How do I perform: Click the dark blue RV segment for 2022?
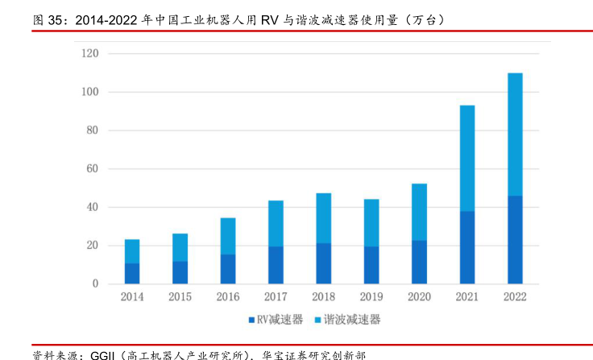(515, 240)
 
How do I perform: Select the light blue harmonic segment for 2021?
(467, 158)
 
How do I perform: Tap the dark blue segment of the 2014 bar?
(132, 273)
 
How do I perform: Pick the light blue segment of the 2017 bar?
(276, 223)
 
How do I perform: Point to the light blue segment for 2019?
(371, 222)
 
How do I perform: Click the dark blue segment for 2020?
(419, 262)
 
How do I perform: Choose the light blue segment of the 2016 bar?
(228, 236)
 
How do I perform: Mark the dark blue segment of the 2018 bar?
(323, 263)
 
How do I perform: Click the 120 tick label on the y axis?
(89, 54)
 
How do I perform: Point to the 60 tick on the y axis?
(92, 169)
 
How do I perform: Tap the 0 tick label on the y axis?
(95, 284)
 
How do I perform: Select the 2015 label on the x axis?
(180, 298)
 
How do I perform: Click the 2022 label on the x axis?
(515, 298)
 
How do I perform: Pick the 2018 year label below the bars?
(323, 298)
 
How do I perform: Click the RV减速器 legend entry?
(276, 320)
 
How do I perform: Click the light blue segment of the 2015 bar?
(180, 247)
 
